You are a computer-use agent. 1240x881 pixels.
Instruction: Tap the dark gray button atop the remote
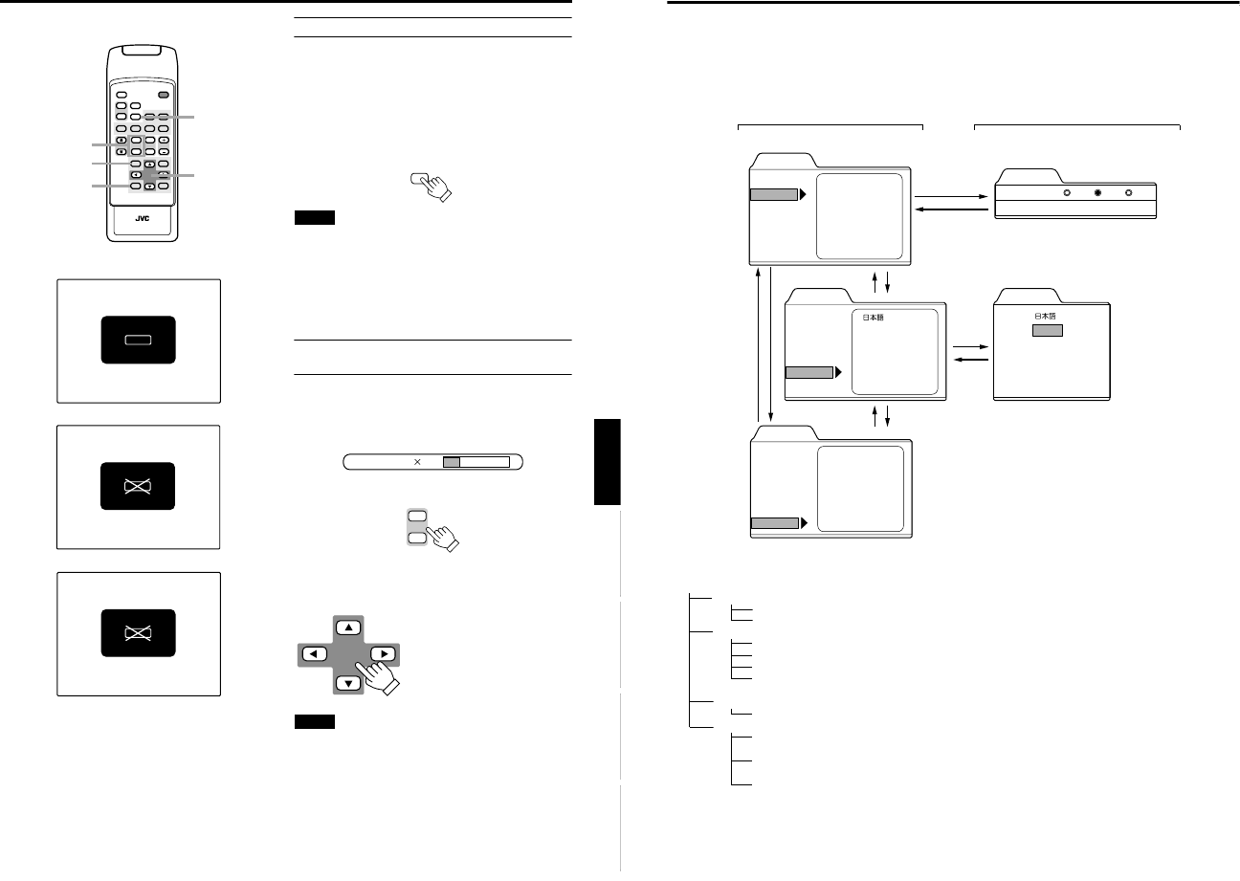pos(165,96)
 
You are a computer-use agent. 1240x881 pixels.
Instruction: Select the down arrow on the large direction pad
pos(348,682)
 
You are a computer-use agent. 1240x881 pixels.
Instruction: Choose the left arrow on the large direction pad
pos(315,655)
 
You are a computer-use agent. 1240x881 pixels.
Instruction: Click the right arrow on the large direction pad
pos(382,655)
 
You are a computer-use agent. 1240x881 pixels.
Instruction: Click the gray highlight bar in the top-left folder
pos(772,195)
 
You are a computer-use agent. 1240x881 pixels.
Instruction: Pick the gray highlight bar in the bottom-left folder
pos(773,523)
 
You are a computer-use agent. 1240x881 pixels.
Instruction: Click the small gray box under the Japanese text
pos(1048,330)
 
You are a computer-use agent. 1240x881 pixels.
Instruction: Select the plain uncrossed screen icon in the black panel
pos(138,340)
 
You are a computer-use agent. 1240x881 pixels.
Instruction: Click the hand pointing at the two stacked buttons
pos(442,538)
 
